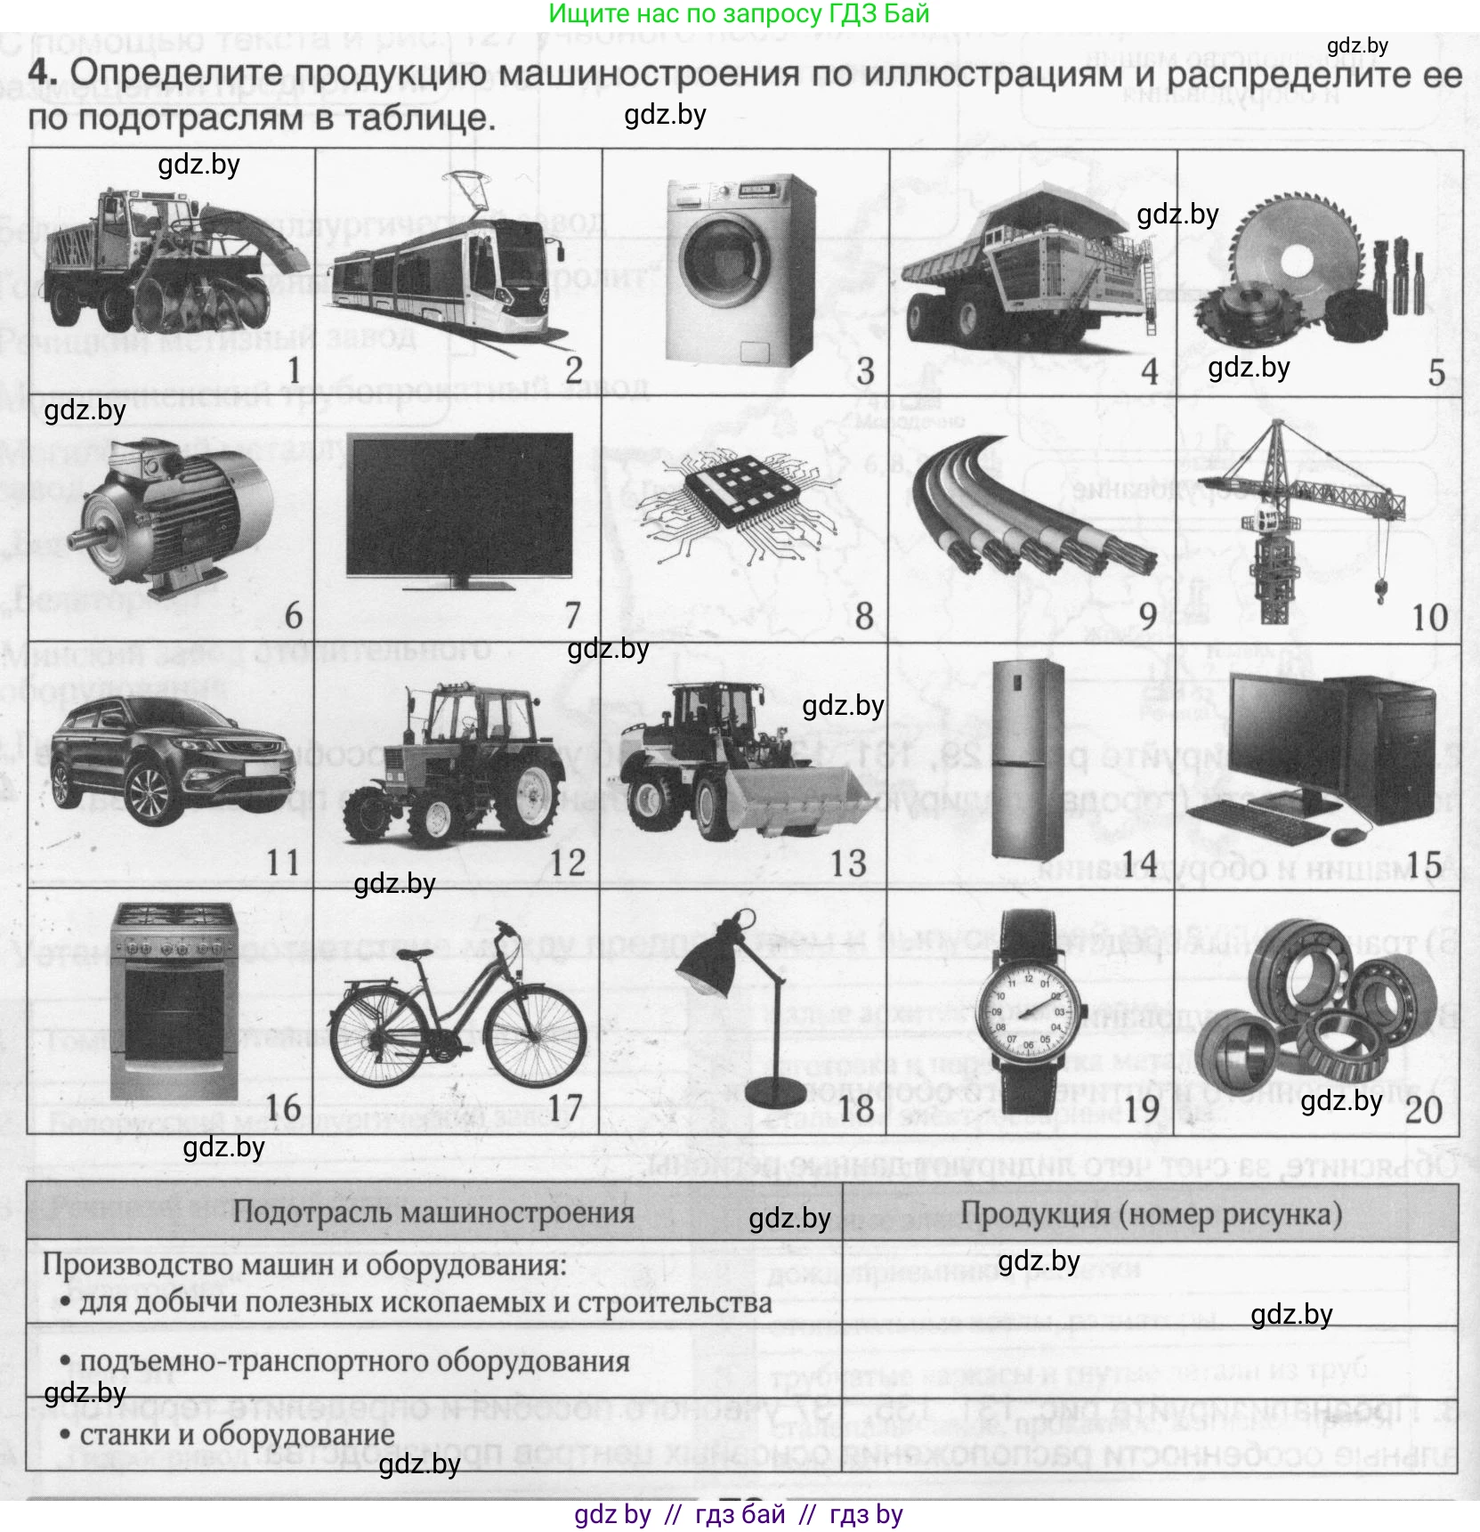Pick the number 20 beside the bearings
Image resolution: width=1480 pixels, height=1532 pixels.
coord(1423,1109)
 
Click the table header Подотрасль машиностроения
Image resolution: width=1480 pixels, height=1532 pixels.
coord(433,1212)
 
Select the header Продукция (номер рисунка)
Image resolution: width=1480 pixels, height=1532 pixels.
coord(1151,1213)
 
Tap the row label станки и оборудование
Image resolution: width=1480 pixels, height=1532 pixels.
coord(237,1435)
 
